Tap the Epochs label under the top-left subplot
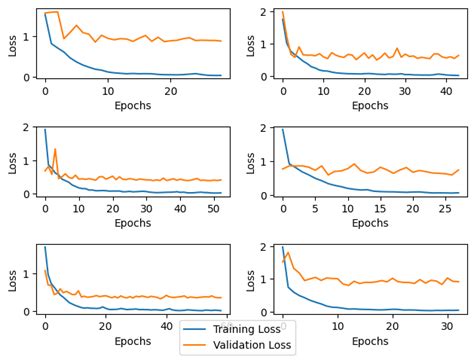pos(133,104)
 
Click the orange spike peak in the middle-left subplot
pos(55,149)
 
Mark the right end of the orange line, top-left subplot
pos(222,41)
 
